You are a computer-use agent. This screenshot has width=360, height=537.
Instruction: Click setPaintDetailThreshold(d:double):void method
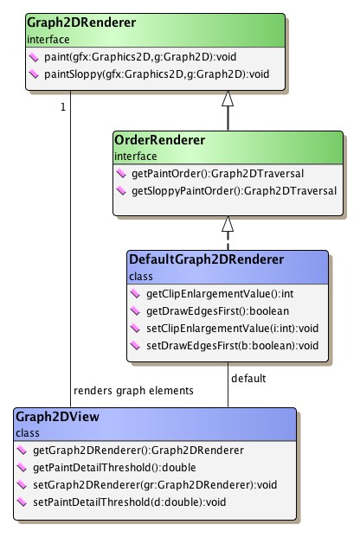(x=131, y=502)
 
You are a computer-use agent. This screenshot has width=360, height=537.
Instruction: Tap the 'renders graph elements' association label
(x=134, y=390)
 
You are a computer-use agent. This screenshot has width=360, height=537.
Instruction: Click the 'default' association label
(x=248, y=378)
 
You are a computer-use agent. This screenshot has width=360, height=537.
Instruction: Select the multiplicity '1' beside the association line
(x=62, y=106)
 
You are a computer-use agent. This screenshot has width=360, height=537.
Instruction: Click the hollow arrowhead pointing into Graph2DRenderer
(x=228, y=99)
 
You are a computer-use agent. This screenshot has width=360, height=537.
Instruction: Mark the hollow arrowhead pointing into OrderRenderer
(x=228, y=224)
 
